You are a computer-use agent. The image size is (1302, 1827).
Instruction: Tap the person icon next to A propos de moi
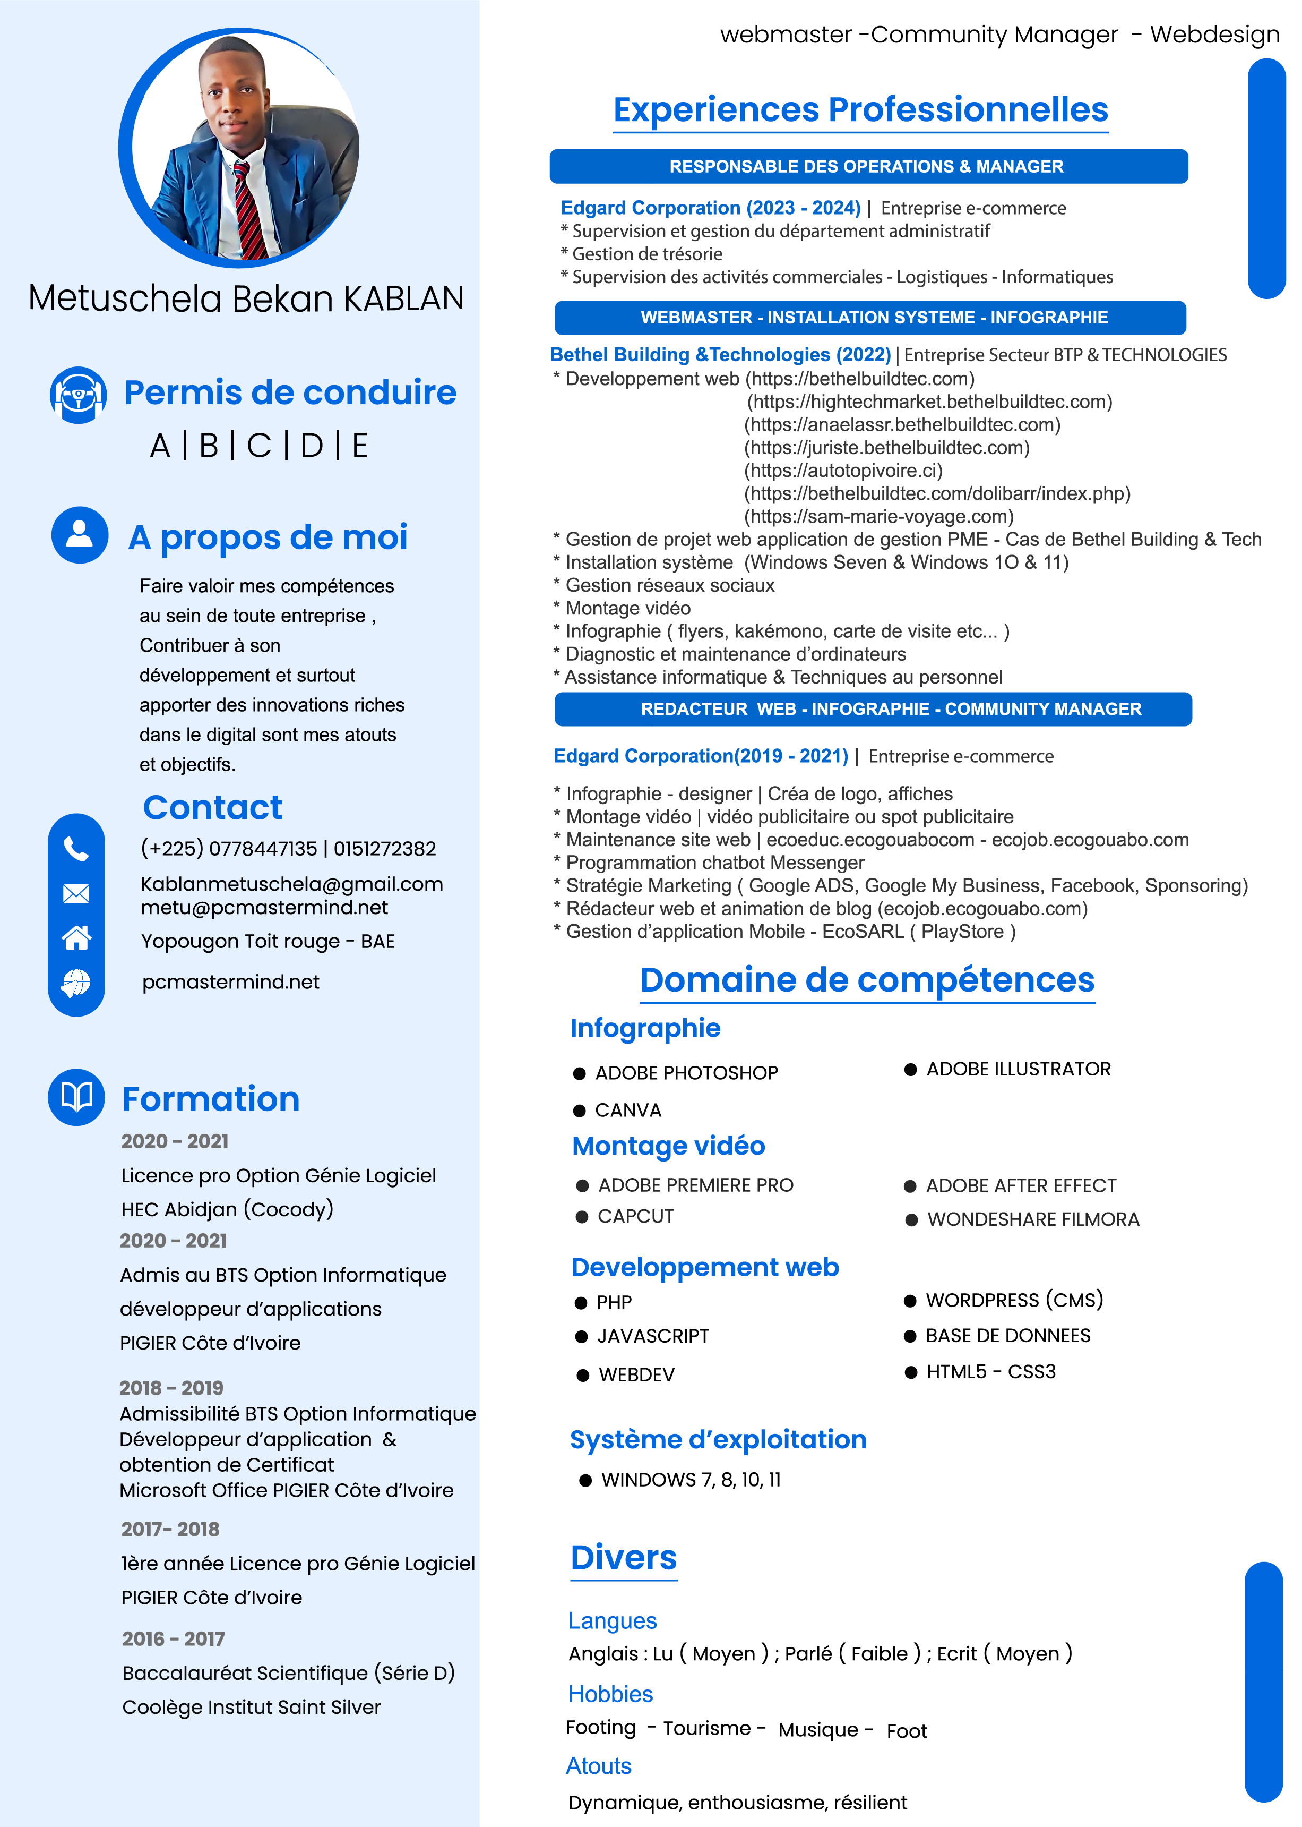(80, 535)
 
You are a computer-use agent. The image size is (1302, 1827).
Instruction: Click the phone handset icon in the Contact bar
(76, 849)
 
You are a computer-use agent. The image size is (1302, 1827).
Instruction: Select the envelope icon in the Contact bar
(76, 893)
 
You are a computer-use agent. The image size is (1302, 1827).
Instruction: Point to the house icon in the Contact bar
(76, 937)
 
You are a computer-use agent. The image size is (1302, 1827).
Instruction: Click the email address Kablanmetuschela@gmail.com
(292, 884)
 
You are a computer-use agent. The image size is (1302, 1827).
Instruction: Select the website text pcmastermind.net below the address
(231, 981)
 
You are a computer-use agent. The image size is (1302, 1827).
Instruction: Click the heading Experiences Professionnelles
(860, 110)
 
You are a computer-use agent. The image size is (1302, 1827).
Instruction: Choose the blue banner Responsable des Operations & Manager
(867, 167)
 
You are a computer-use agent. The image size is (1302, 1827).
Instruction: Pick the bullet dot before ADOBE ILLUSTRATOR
(910, 1069)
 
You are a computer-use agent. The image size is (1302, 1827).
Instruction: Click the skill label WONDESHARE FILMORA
(1032, 1219)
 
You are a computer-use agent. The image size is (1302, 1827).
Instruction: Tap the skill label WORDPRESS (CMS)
(1014, 1300)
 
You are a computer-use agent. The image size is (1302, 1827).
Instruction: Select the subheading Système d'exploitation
(718, 1440)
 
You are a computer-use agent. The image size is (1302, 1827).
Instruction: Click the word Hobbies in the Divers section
(610, 1694)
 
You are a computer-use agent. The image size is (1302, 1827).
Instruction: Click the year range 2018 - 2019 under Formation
(171, 1387)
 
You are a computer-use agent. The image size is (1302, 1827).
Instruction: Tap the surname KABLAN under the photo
(404, 298)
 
